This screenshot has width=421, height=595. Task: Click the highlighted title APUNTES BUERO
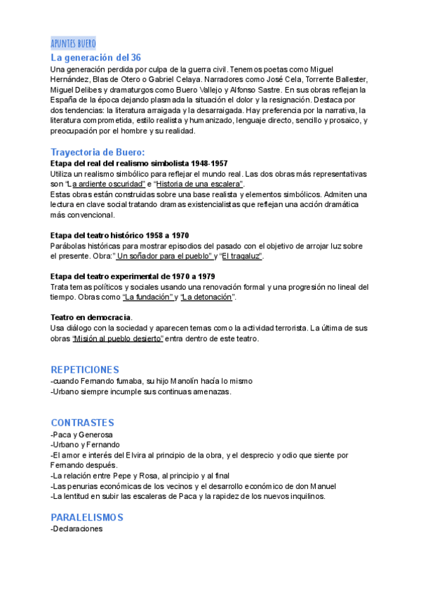[x=73, y=44]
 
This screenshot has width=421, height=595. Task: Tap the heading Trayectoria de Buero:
[x=98, y=152]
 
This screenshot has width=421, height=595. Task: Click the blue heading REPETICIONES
[x=85, y=369]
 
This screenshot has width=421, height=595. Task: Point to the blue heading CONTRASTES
[x=82, y=422]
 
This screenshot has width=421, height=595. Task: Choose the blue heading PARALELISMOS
[x=87, y=517]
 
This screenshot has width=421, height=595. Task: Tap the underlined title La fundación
[x=148, y=297]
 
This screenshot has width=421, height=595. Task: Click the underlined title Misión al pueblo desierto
[x=118, y=339]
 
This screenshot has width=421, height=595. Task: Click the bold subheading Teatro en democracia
[x=91, y=318]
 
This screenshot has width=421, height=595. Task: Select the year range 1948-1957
[x=196, y=163]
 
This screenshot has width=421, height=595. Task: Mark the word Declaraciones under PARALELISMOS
[x=78, y=529]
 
